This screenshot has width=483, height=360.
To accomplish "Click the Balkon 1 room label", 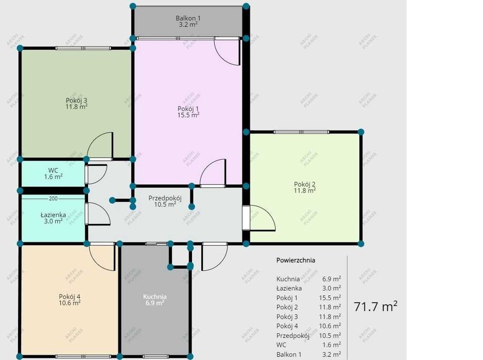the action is pos(187,18).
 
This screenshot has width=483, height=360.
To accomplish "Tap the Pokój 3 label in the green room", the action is pos(76,100).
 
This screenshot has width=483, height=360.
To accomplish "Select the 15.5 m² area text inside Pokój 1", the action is pos(188,115).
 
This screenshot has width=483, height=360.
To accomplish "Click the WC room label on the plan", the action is pos(53,170).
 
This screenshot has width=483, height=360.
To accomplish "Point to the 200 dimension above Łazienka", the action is pos(53,199).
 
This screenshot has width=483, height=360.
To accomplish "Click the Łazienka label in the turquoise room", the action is pos(53,215).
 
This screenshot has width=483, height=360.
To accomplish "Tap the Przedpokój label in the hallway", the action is pos(165,198).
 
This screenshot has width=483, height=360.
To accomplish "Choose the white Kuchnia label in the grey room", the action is pos(155,297).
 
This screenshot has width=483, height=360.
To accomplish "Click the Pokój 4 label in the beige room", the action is pos(70,297).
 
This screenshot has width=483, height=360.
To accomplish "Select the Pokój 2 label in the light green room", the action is pos(305,184).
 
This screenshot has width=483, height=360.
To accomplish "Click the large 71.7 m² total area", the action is pos(375,306).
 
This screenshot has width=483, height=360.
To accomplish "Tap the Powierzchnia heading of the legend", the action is pos(296,260).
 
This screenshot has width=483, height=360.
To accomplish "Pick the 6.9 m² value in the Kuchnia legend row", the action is pos(332,279).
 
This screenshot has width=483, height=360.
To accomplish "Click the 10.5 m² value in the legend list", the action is pos(330,335).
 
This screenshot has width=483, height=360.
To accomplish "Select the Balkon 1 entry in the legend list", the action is pos(289,354).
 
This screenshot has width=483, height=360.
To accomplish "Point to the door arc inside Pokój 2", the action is pos(267,212).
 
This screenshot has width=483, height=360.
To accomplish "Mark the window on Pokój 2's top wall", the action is pos(301,132).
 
